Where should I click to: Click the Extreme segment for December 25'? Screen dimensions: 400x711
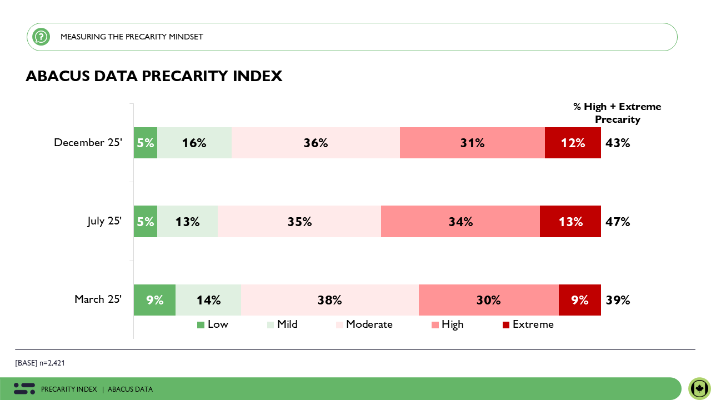coord(573,143)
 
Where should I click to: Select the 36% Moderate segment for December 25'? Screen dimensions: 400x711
coord(316,143)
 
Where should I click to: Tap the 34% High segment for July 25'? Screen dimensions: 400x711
coord(460,222)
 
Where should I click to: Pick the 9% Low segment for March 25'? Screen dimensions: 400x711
coord(154,300)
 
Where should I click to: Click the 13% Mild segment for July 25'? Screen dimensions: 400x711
coord(187,222)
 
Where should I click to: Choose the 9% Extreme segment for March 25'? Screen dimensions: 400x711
coord(579,300)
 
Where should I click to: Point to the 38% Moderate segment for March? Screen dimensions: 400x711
coord(329,300)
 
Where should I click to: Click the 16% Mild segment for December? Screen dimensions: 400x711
coord(194,143)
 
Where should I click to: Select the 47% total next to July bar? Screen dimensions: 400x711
coord(618,222)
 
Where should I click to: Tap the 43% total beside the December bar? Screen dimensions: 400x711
coord(618,143)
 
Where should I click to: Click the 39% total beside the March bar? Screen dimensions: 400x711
coord(618,300)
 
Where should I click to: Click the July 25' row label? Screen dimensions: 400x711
coord(104,221)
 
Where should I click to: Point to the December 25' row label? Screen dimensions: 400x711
coord(88,143)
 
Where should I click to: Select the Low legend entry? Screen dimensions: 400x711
coord(213,324)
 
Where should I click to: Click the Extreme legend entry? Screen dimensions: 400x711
coord(528,324)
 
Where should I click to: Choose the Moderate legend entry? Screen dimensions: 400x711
coord(364,324)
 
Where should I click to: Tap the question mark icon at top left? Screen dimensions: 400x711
coord(41,37)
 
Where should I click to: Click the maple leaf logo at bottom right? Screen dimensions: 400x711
coord(699,388)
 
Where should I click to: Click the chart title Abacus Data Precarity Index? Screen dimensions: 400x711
coord(154,76)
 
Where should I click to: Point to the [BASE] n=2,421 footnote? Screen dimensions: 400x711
coord(40,363)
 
